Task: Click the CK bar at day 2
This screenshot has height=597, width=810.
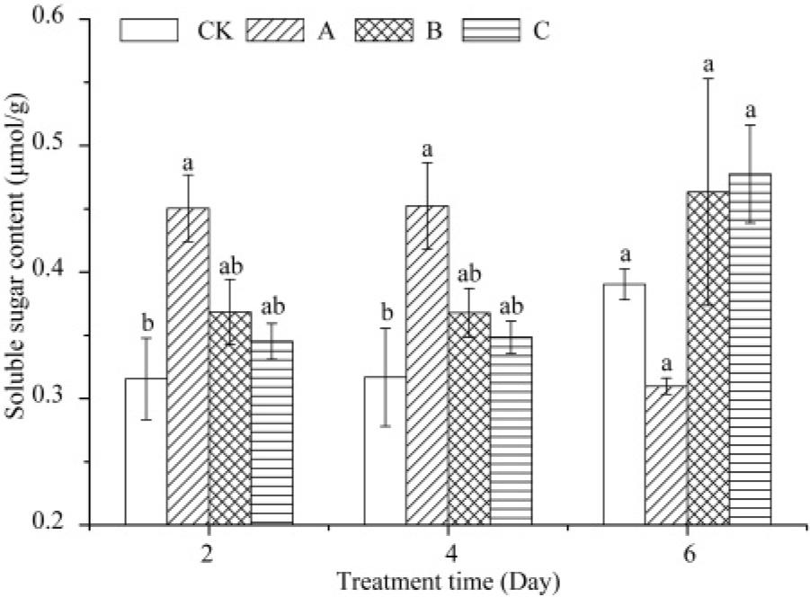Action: [146, 450]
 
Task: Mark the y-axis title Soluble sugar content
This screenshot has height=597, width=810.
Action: [18, 271]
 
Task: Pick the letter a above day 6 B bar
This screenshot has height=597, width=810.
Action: [708, 65]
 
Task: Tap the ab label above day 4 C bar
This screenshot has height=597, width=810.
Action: [511, 305]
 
